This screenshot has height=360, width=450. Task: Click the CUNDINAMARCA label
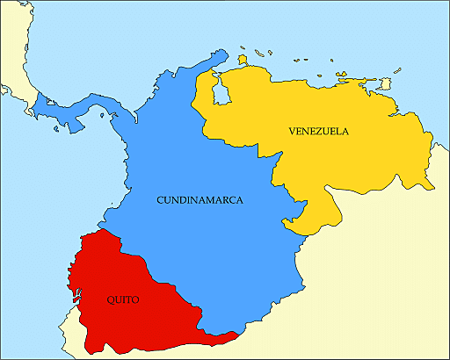pos(200,200)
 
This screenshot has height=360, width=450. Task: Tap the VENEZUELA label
pos(318,131)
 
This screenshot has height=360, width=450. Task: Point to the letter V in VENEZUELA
pos(292,131)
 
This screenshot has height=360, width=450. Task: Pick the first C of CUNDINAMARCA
pos(160,200)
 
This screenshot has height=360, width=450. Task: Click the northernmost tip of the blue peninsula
pos(214,58)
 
